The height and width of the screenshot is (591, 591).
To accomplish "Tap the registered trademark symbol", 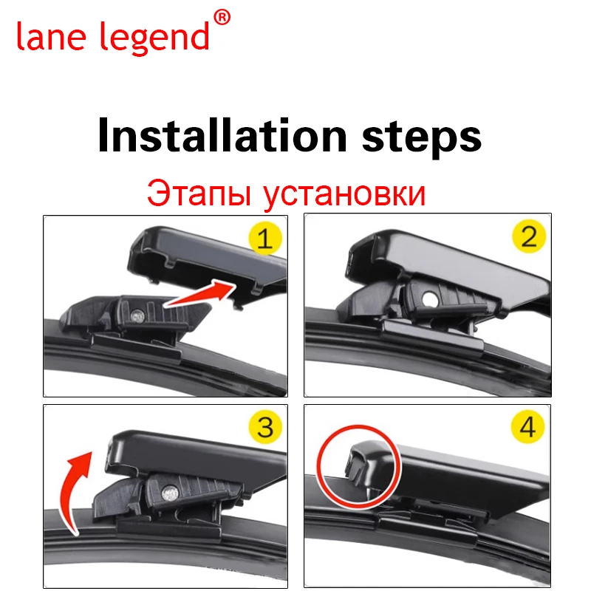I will point(221,16).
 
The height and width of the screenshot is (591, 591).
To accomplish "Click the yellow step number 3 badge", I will point(264,427).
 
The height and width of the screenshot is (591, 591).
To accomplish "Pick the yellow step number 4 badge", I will point(529,427).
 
